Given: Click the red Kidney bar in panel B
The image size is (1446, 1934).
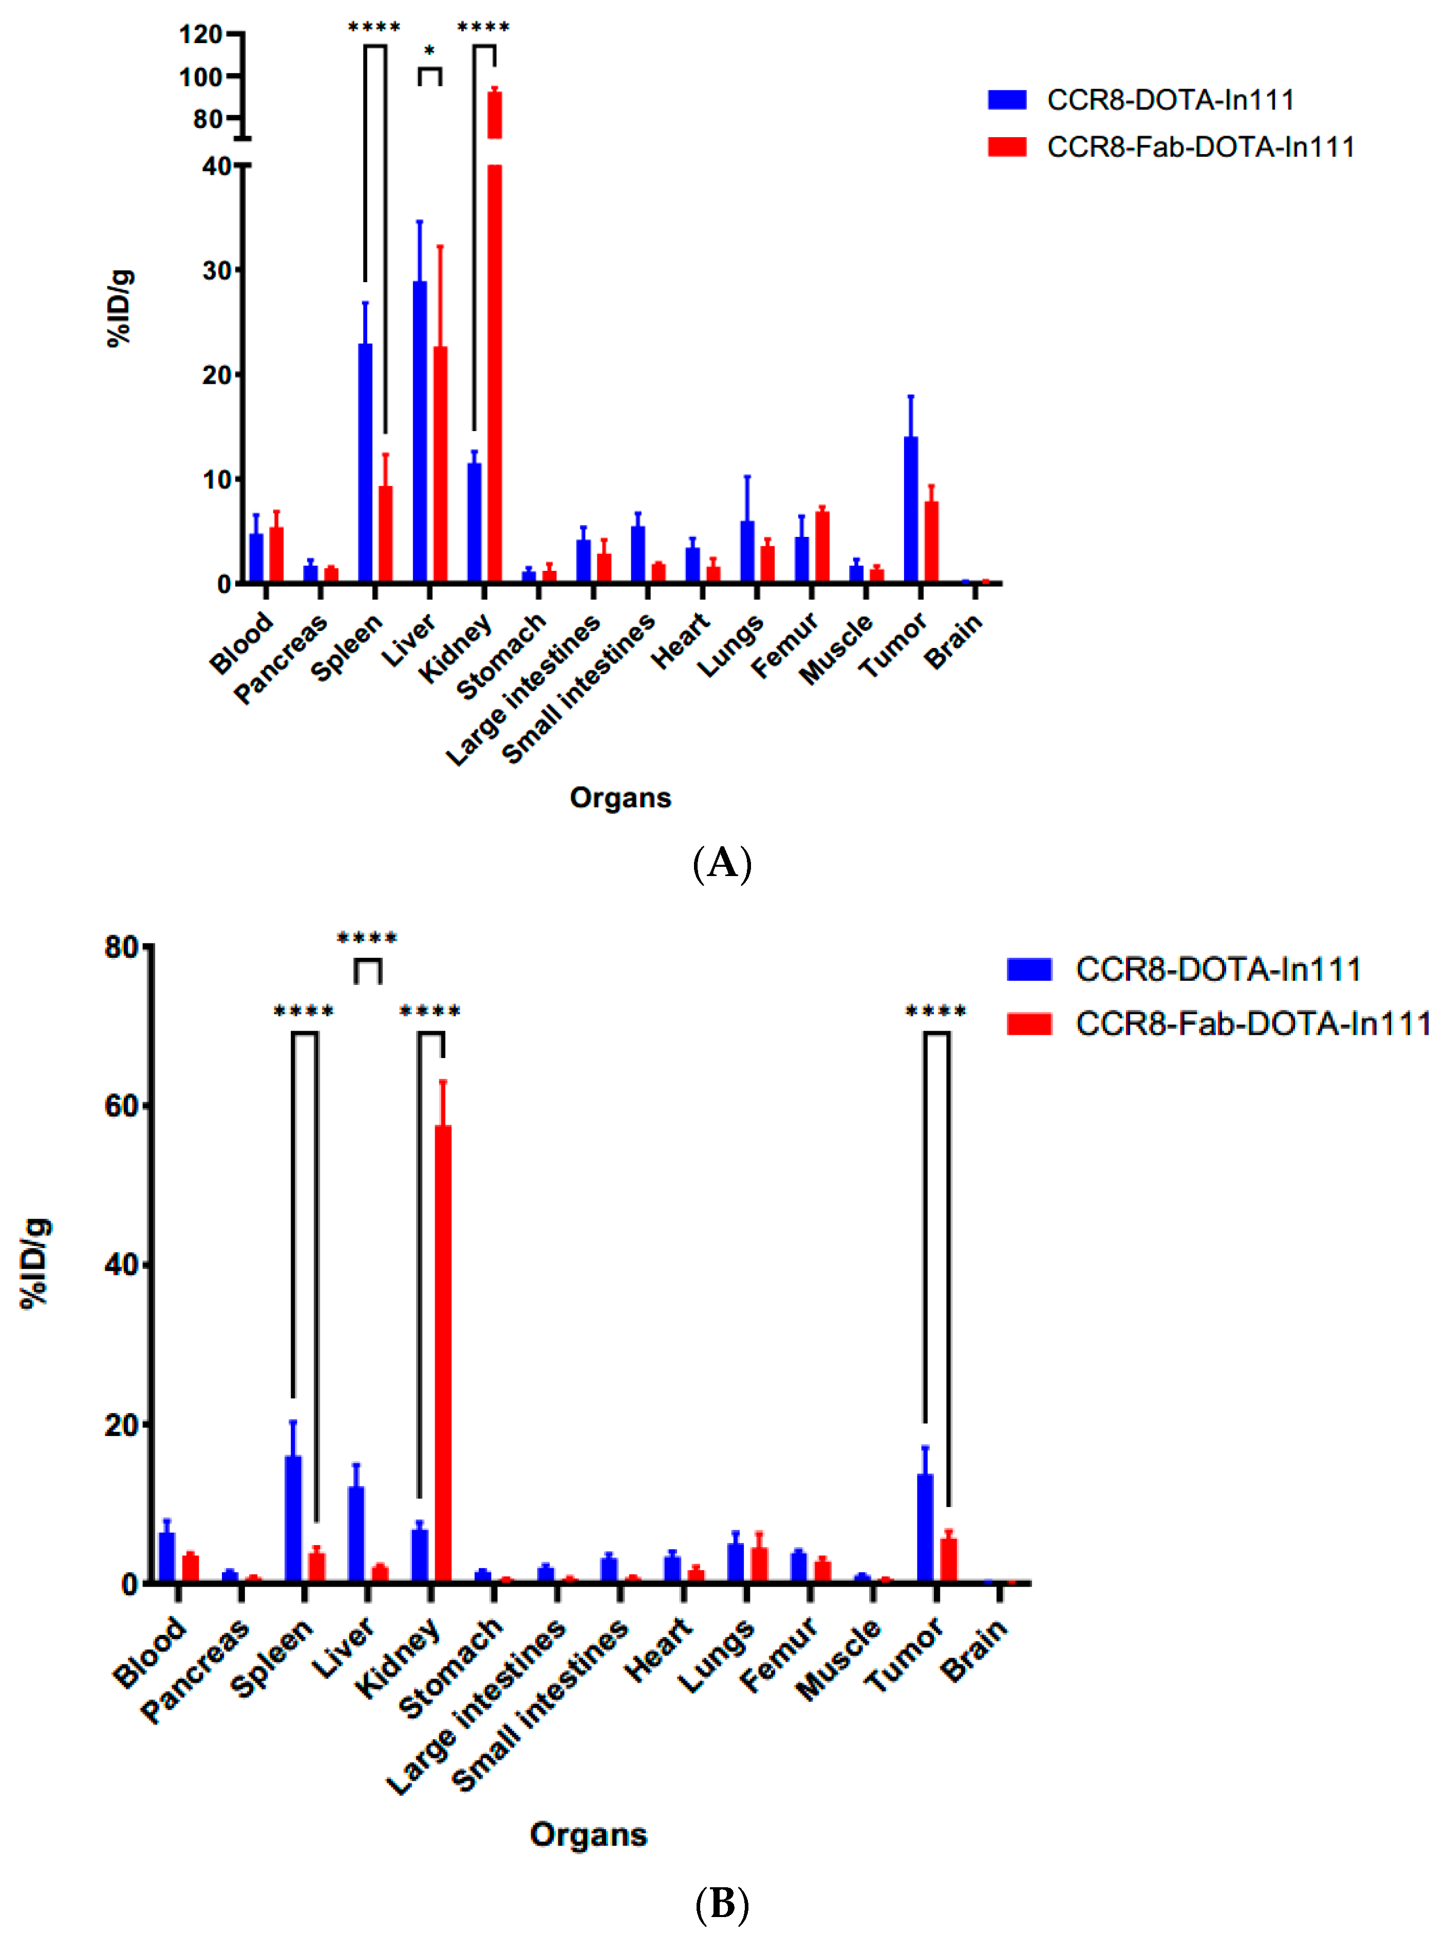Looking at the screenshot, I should (x=443, y=1355).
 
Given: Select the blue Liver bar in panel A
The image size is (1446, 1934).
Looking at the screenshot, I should (x=420, y=433).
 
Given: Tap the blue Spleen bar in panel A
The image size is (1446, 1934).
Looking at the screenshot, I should (x=365, y=463).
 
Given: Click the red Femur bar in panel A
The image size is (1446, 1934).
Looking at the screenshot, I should (x=822, y=547).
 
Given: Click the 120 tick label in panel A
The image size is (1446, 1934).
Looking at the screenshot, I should (x=200, y=35).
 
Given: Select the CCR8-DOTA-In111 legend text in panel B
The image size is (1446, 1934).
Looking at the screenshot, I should (x=1218, y=969).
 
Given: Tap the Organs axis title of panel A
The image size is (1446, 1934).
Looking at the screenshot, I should (x=620, y=797).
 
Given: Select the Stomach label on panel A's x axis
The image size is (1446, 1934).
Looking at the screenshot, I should (x=502, y=656).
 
